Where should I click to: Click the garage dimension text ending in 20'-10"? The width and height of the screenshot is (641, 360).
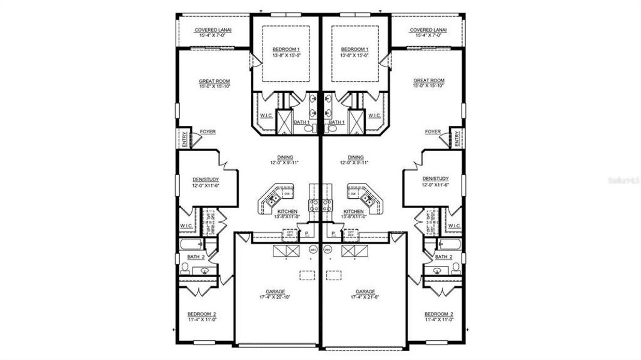276,297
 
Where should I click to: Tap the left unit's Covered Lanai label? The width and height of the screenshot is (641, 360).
213,29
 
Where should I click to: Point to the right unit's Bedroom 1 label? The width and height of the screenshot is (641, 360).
354,49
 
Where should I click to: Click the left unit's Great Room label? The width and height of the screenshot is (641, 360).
215,81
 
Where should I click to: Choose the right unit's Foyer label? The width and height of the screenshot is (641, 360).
432,131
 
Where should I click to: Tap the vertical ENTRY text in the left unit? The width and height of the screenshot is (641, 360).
184,139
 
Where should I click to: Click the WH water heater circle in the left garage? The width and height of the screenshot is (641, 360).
312,249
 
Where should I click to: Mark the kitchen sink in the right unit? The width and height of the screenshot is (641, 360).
368,201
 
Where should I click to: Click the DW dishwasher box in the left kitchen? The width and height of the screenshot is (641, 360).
287,194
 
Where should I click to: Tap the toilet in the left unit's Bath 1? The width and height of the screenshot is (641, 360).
308,128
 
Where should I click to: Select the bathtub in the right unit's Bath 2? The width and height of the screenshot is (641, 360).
449,244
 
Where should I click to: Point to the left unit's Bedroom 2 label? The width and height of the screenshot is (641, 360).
202,314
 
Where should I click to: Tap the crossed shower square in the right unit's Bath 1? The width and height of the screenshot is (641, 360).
356,122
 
